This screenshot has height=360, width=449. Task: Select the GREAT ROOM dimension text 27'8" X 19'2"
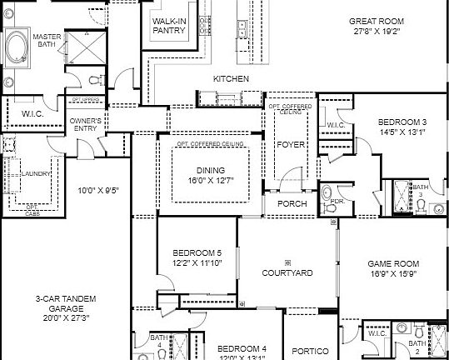(376, 32)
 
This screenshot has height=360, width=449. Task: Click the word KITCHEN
(231, 78)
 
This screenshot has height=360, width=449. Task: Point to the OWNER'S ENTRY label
(85, 125)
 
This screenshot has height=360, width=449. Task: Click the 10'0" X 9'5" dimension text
(97, 189)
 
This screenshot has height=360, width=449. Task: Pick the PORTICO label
(311, 350)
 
